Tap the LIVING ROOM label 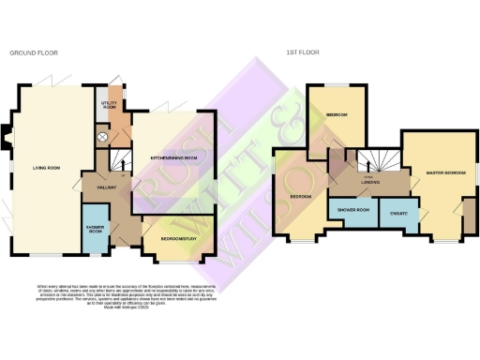pos(46,168)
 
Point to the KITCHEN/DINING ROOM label pos(175,158)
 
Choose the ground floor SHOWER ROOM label pos(95,230)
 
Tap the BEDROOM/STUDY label pos(177,239)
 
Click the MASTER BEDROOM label pos(444,174)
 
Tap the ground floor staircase pos(119,163)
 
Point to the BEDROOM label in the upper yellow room pos(337,115)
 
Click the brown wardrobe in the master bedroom pos(469,219)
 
